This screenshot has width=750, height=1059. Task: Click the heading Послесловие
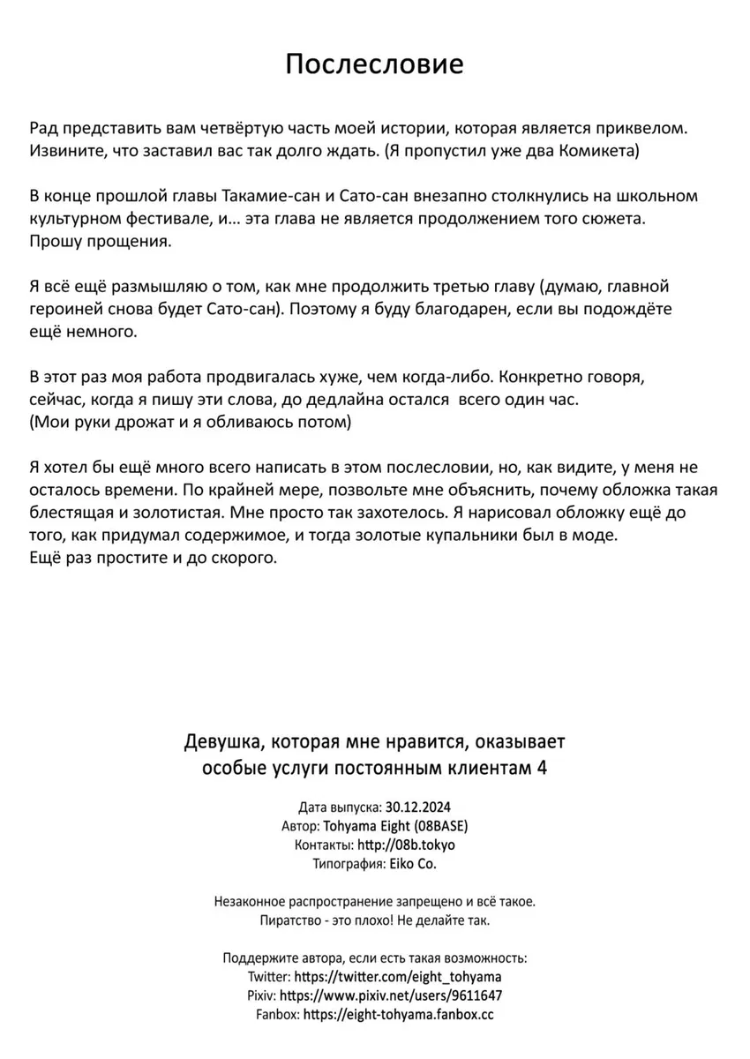click(375, 64)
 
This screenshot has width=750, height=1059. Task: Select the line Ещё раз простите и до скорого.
click(153, 559)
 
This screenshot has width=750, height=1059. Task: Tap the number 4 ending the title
click(542, 766)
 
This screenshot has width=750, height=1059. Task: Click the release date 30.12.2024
click(418, 807)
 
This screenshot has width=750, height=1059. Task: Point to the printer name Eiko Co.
click(412, 864)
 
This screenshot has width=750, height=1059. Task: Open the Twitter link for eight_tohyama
click(399, 977)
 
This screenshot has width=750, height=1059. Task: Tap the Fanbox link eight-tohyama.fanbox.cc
click(398, 1015)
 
